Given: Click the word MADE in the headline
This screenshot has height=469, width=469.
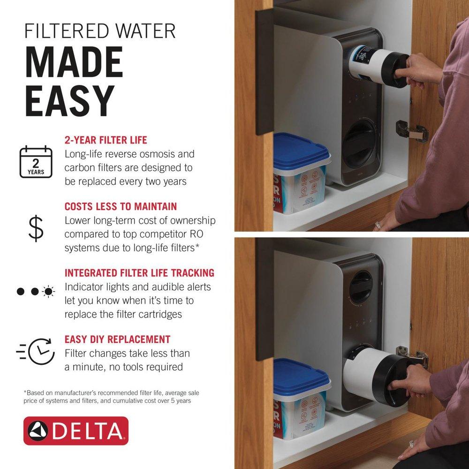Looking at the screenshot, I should coord(74,62).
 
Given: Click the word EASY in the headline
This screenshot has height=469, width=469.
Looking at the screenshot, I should coord(70,100).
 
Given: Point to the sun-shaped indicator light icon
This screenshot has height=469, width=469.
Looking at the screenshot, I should coord(48,292).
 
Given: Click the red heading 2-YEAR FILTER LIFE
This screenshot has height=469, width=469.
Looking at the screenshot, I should coord(106,140).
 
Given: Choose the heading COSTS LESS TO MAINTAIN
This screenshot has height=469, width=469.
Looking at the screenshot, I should coord(121,206).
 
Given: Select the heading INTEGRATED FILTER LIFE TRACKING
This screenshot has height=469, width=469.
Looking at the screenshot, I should coord(139,273).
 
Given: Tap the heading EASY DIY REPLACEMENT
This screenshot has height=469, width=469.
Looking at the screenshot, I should coord(117,339).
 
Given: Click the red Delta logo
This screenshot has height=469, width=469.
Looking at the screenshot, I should coord(76,431).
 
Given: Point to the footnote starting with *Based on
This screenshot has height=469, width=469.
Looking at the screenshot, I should coord(114,397).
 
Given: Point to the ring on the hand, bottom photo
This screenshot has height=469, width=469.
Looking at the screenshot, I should coord(412,444).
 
